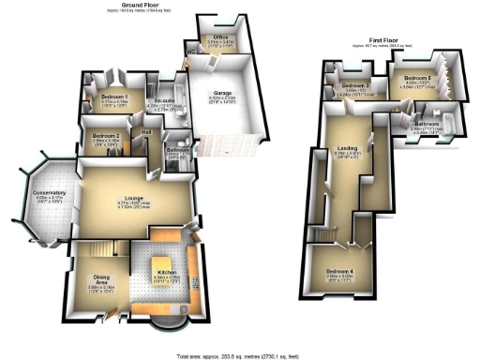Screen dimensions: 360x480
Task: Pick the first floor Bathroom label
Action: pos(426,124)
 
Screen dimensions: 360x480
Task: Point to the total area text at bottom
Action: pos(239,355)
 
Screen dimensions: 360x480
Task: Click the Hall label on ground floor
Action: pos(147,133)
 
